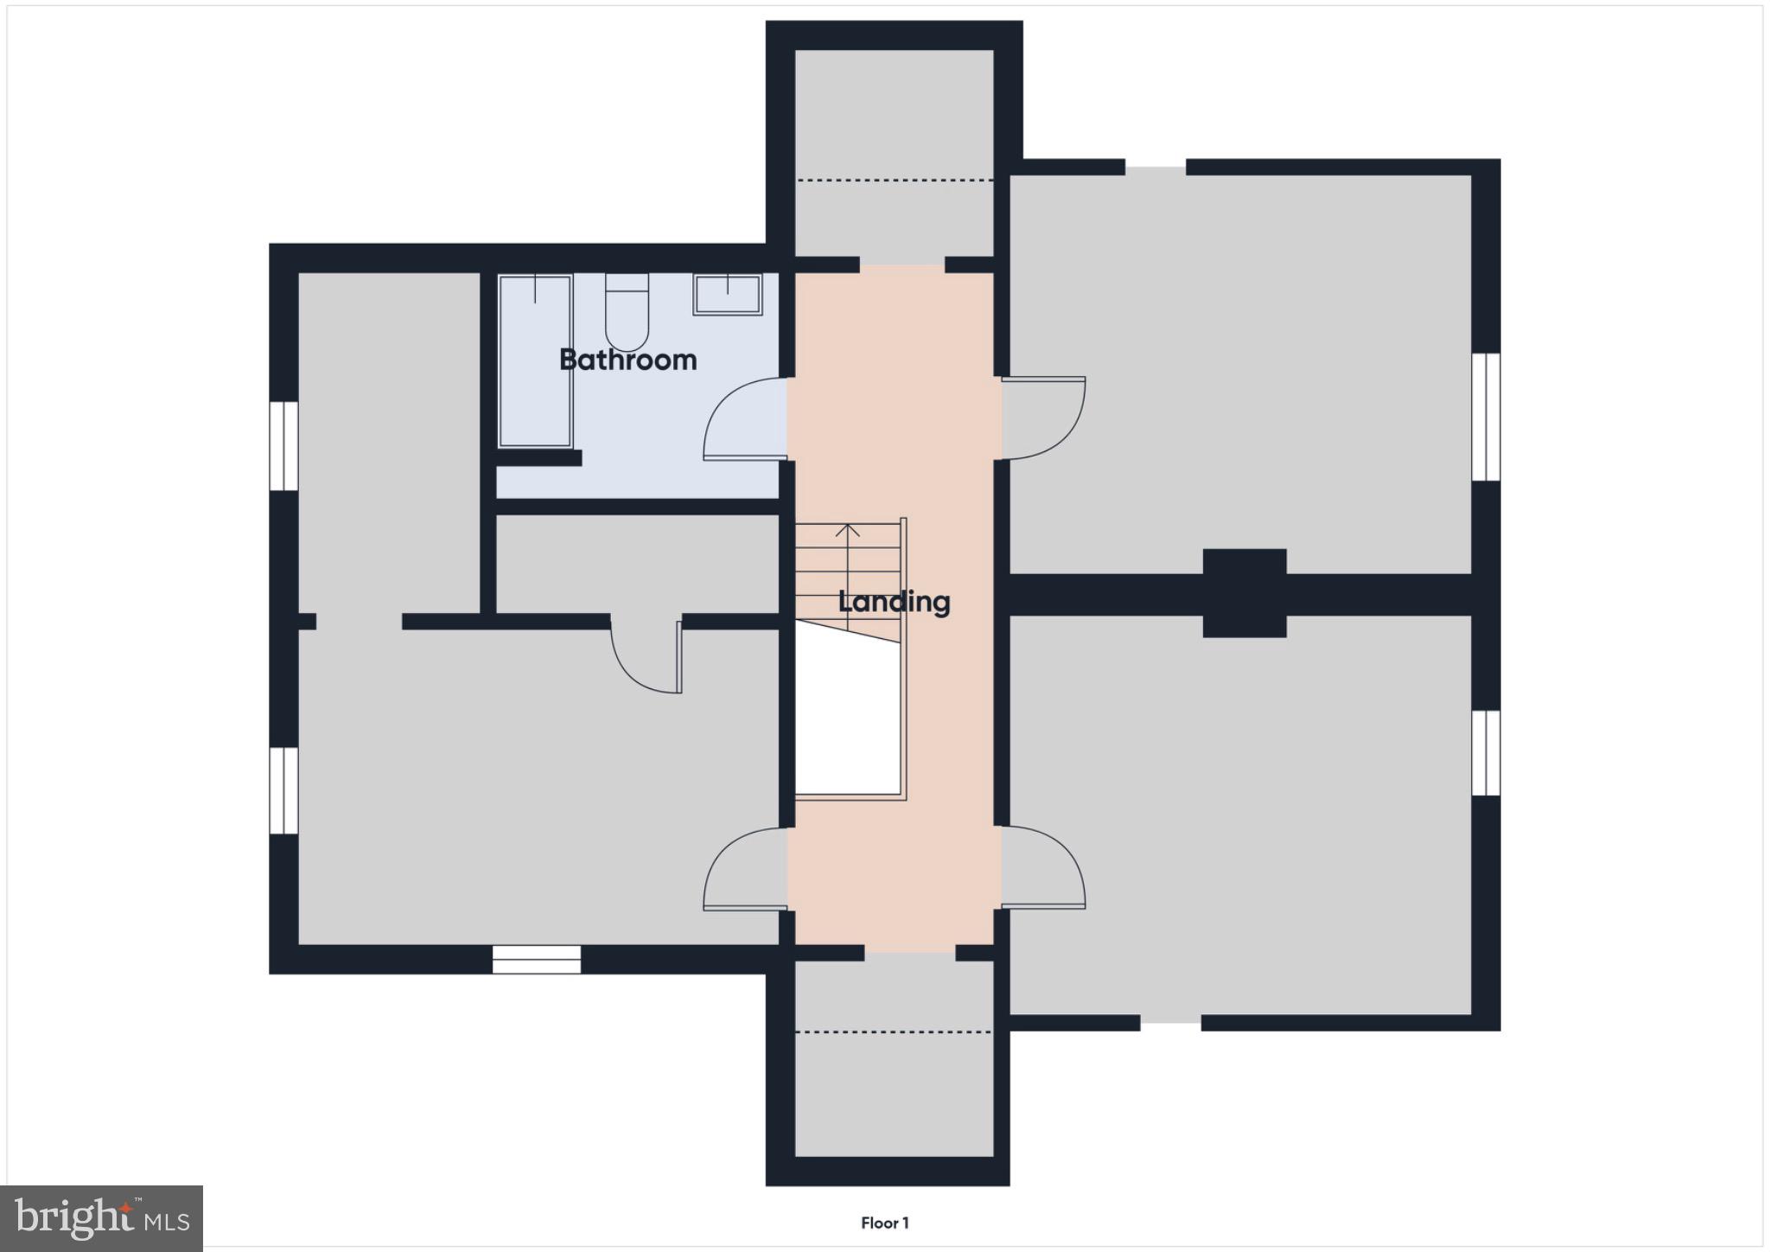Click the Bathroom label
627,360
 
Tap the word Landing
894,602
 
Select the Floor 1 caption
884,1223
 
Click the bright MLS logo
101,1218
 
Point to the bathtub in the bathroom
535,361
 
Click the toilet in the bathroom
627,311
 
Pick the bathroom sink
727,295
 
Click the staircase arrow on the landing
848,562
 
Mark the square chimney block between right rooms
1245,593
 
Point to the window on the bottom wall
537,959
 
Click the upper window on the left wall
283,446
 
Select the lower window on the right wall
1486,752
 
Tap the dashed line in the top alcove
894,180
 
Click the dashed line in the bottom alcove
894,1032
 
